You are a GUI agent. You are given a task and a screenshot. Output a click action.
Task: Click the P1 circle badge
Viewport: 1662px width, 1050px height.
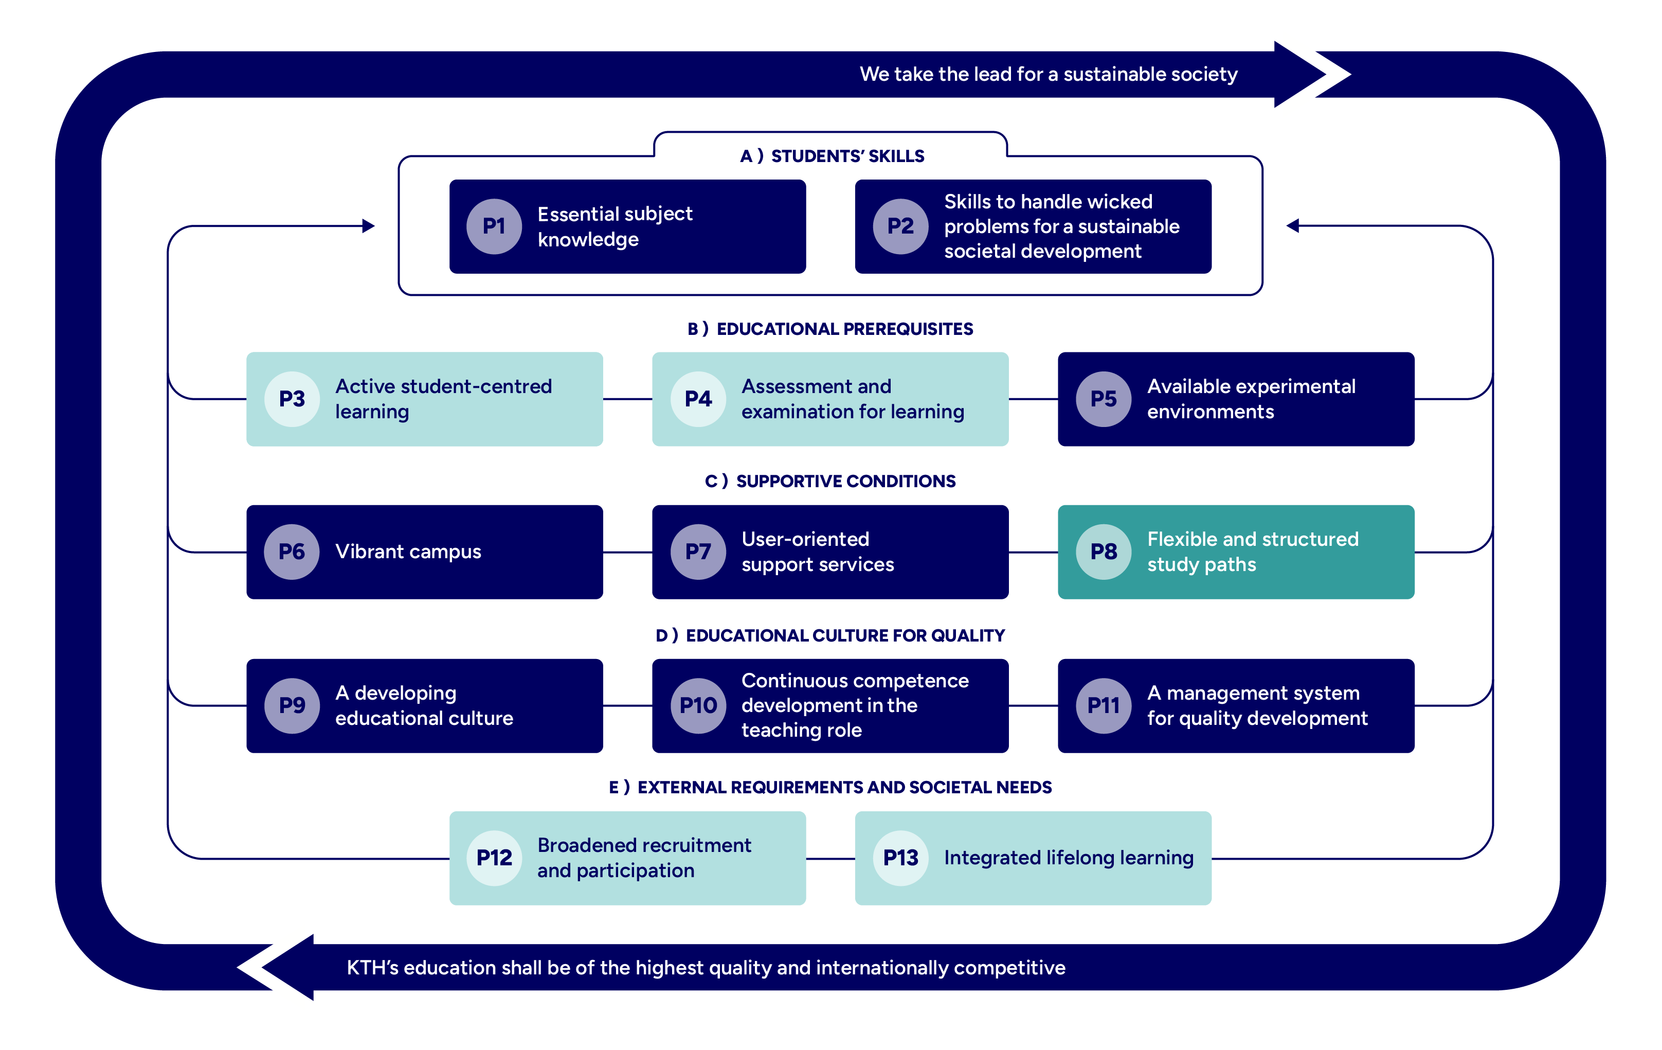tap(494, 226)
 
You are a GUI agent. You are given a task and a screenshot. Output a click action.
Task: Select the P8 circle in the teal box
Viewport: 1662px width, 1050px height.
tap(1103, 551)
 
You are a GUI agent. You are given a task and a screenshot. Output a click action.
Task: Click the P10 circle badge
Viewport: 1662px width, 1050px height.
tap(698, 705)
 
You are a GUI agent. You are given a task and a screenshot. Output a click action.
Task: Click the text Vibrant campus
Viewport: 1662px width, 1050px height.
tap(408, 551)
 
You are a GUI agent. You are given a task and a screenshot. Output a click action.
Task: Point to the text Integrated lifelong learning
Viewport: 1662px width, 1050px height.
tap(1069, 858)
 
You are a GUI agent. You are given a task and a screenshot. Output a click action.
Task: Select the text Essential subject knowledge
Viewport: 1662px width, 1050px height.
tap(615, 226)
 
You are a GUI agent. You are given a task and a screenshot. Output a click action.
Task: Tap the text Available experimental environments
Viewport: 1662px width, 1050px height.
tap(1251, 399)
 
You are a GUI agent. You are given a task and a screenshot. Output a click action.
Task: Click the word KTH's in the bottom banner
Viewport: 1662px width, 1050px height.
tap(373, 968)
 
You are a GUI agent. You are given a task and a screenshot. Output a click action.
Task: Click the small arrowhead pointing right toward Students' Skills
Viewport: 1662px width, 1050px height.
tap(369, 226)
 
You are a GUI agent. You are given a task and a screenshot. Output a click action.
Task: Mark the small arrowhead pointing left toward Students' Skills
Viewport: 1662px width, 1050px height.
tap(1292, 226)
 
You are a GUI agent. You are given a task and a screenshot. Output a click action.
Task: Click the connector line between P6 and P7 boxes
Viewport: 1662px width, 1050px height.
tap(627, 553)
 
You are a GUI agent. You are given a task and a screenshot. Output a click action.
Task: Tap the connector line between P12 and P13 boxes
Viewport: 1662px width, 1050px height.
tap(830, 859)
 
